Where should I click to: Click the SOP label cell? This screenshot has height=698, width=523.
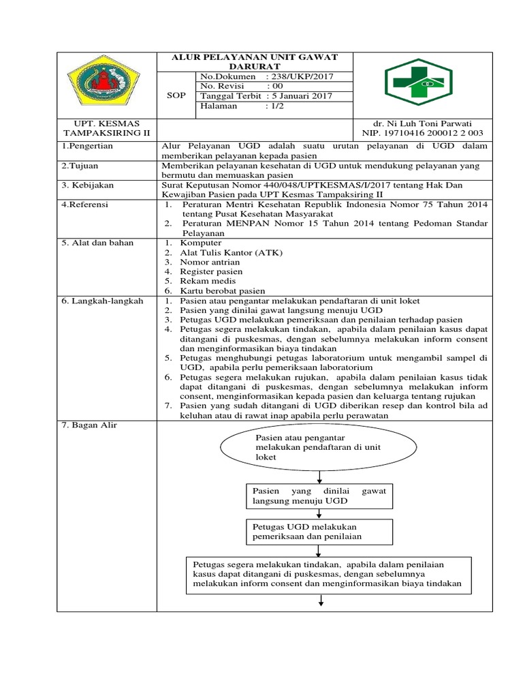coord(176,96)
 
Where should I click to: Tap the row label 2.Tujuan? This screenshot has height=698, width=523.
coord(81,166)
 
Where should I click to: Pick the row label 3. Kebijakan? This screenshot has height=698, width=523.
coord(86,185)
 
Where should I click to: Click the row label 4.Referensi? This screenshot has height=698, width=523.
coord(85,204)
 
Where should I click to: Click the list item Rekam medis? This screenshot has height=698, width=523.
coord(208,281)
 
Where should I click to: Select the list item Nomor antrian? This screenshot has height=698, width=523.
coord(210,262)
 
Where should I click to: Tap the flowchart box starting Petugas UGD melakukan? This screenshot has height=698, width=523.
coord(318,532)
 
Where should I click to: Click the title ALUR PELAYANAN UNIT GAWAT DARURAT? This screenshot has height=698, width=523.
coord(255,61)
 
